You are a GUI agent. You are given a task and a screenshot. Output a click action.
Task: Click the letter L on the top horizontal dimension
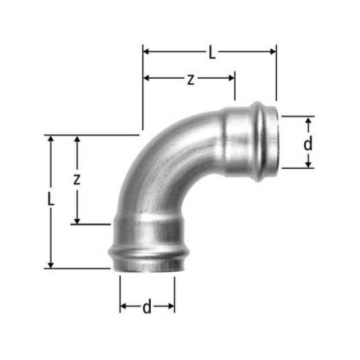pos(211,53)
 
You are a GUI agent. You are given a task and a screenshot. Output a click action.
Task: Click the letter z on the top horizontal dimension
pos(191,79)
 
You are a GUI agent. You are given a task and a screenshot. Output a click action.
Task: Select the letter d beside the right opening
pos(308,144)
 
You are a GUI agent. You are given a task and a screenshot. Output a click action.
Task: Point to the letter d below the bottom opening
pos(147,307)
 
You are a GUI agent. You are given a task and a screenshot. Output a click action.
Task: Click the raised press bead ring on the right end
pos(259,141)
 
